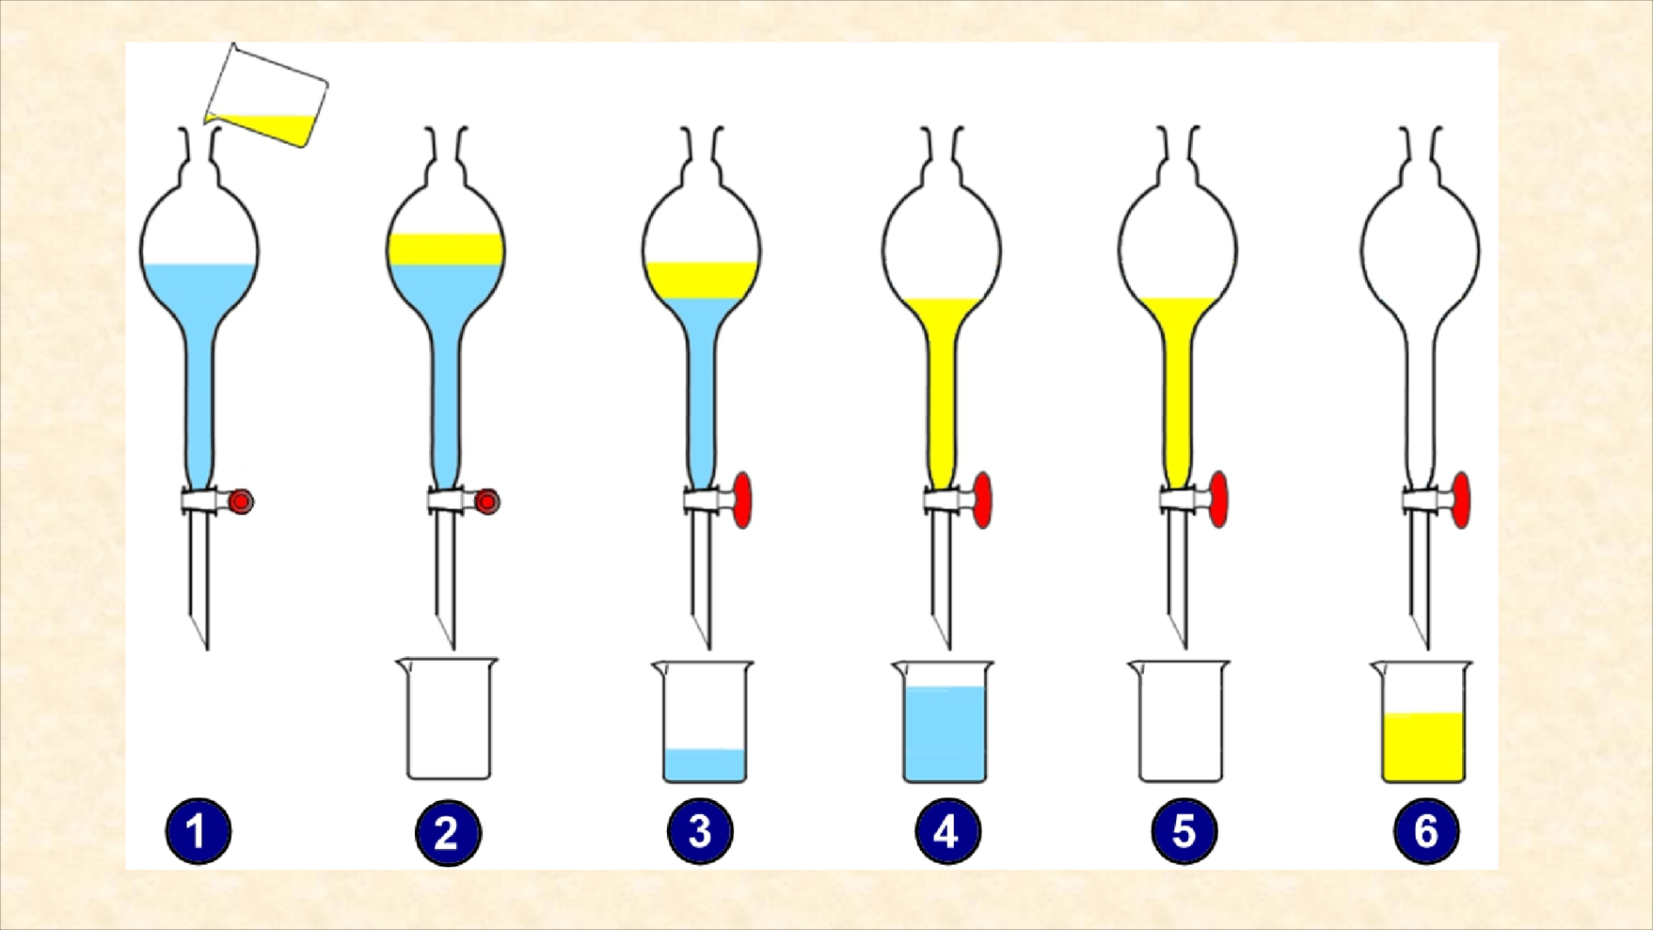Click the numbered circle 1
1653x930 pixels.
198,832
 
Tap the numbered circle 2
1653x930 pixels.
448,833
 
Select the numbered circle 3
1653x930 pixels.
700,832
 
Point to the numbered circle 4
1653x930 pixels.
947,832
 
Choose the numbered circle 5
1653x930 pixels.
1184,832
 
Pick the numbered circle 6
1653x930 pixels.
1426,832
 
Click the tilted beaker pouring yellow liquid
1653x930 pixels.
266,96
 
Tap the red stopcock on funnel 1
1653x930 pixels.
240,502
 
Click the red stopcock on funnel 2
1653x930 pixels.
486,502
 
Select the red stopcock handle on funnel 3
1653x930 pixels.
742,500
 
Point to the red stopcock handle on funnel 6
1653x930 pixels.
1461,500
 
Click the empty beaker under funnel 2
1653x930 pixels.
448,719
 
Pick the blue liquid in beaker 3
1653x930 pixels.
705,765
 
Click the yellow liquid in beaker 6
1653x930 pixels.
1423,747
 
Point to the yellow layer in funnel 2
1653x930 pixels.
446,249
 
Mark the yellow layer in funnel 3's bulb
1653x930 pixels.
702,281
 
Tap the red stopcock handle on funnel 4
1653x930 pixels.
983,500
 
